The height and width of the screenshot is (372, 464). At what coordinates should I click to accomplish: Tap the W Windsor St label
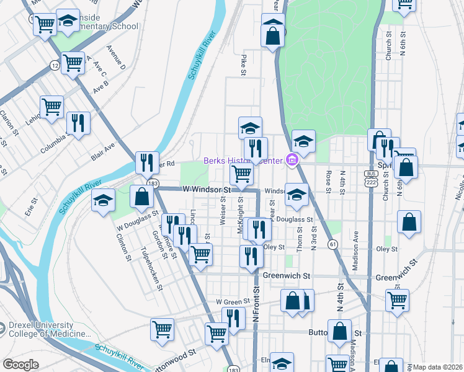click(206, 188)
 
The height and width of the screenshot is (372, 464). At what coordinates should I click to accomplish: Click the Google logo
click(20, 365)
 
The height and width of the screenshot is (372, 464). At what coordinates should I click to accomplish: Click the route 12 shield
click(55, 64)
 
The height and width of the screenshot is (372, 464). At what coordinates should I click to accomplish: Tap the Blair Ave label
click(103, 151)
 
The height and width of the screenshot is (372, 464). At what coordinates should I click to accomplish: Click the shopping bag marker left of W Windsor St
click(142, 196)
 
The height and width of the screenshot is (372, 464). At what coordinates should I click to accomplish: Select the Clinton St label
click(127, 248)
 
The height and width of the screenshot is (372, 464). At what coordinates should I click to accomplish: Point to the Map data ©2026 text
click(438, 367)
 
